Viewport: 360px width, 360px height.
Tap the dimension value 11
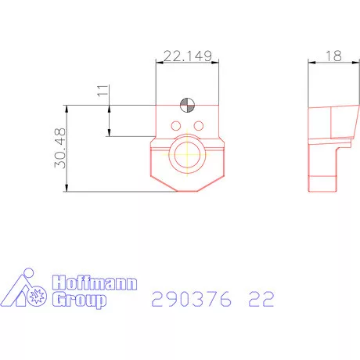click(x=100, y=92)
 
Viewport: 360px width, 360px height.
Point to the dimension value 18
click(x=333, y=56)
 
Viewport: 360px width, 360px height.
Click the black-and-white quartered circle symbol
click(x=186, y=106)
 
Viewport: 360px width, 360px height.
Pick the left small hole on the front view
click(x=176, y=125)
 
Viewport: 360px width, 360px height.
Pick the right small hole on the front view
click(x=198, y=125)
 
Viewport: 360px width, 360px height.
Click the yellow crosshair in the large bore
click(x=188, y=154)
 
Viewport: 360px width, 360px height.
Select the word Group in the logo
click(x=77, y=301)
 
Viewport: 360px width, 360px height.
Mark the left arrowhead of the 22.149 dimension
click(x=159, y=64)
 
